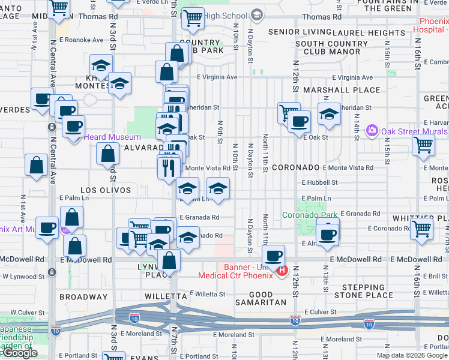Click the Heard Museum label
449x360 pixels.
pos(112,137)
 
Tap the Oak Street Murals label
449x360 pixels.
pos(414,131)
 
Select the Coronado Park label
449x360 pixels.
pos(308,215)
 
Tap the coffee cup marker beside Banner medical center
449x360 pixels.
pos(273,256)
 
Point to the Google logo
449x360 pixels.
pos(20,353)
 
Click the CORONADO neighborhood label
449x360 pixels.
pos(295,168)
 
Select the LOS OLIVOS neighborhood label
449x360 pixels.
pos(106,190)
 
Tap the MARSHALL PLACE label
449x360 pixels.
pos(342,90)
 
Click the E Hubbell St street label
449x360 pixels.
pos(319,182)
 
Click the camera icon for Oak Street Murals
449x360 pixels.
pos(373,130)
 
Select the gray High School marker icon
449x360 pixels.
pos(257,14)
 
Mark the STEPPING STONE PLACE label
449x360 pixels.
pos(364,291)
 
